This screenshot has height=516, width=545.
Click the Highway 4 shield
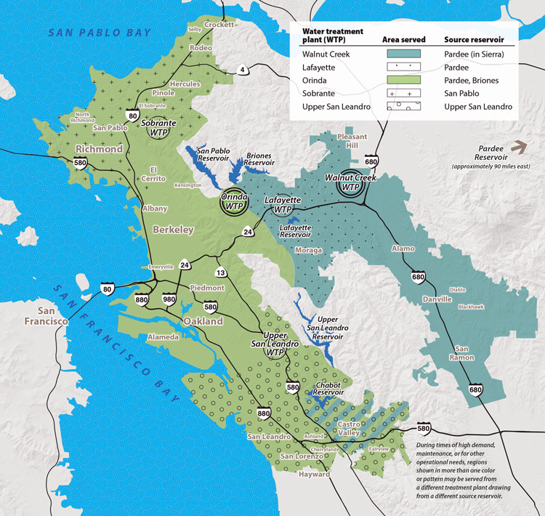[x=242, y=70]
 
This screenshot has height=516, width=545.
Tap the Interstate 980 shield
[x=170, y=298]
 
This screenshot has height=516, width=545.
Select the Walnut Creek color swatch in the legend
[x=400, y=54]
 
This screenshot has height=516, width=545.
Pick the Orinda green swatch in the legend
[x=400, y=80]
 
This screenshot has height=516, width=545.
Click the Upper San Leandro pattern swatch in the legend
[x=400, y=107]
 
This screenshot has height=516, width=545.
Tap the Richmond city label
[x=99, y=149]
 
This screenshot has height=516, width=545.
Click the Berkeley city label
[x=173, y=230]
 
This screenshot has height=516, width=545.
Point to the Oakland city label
[x=203, y=321]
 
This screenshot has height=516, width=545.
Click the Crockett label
[x=220, y=24]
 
